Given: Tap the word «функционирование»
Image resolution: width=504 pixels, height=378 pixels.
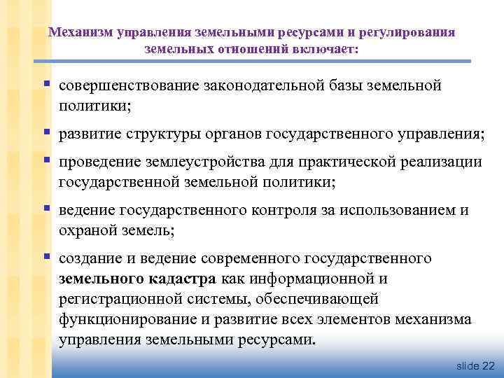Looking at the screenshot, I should [129, 320].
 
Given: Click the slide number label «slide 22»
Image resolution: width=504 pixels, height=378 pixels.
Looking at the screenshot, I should [475, 366].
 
